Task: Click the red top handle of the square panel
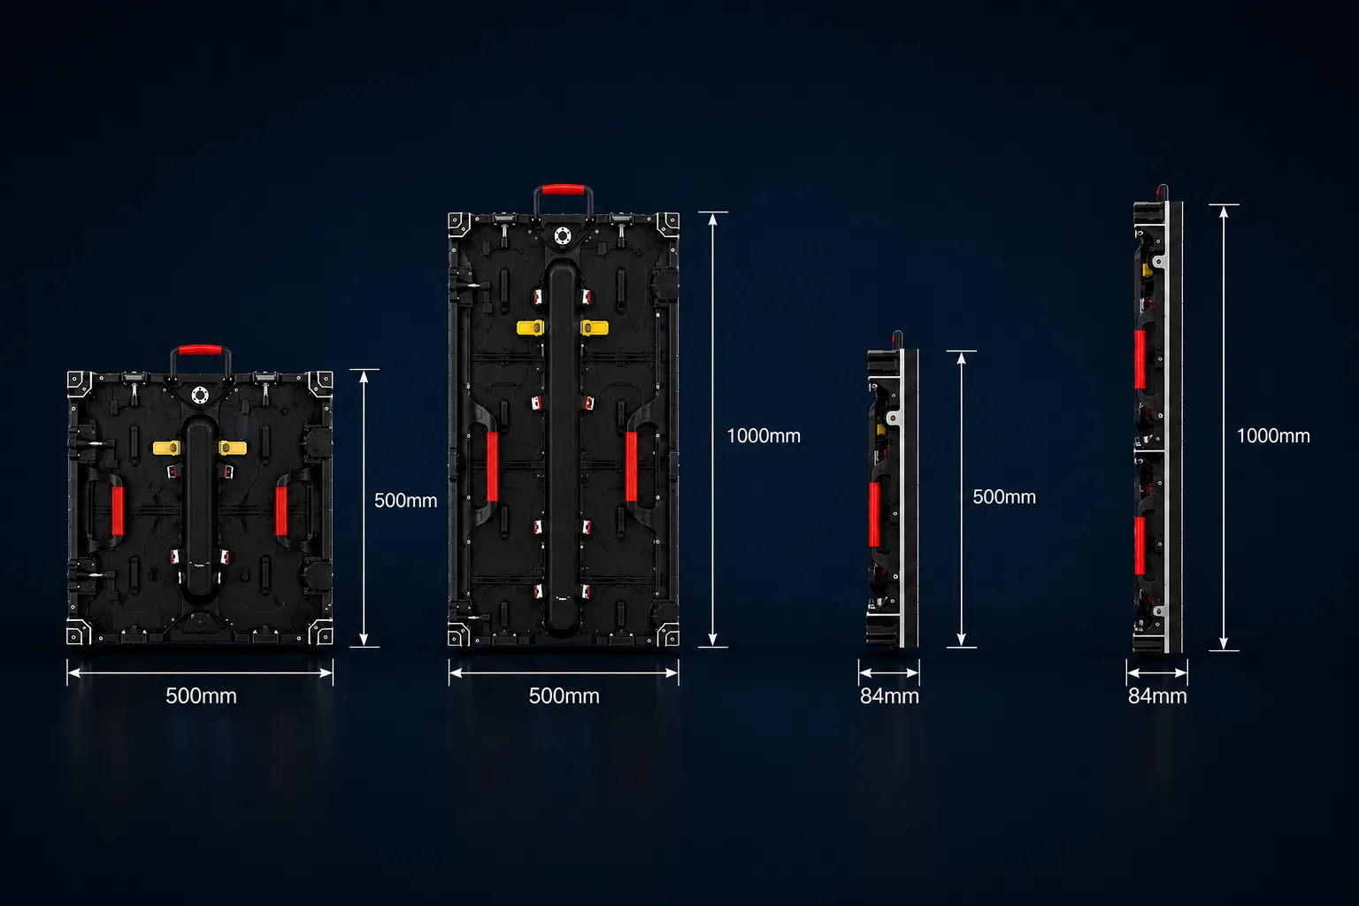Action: [200, 350]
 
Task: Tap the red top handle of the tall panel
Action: [563, 190]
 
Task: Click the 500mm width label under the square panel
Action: [201, 695]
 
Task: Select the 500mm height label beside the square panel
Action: [405, 500]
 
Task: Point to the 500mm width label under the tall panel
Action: [564, 695]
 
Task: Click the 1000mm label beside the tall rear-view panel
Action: [764, 435]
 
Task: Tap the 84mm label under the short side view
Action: [889, 696]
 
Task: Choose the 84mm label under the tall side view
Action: [1157, 696]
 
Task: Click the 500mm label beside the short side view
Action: [1004, 497]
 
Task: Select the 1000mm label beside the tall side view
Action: [1273, 435]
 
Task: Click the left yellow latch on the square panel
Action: [166, 448]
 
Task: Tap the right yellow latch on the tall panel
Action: [595, 327]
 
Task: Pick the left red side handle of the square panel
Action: [118, 511]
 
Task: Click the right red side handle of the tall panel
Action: [632, 466]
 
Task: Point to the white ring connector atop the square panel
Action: [200, 395]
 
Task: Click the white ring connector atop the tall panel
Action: [563, 235]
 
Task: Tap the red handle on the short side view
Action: [874, 515]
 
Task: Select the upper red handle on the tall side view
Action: [1140, 359]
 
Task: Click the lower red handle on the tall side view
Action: [1140, 546]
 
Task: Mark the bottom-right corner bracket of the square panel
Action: [321, 633]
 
